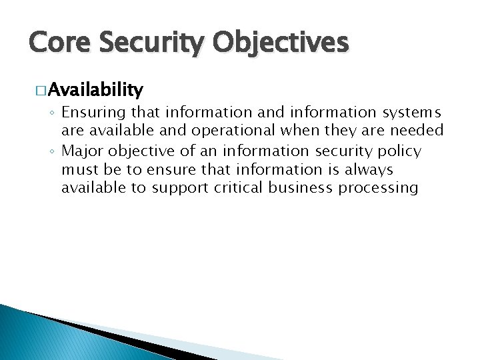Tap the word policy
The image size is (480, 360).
pyautogui.click(x=398, y=151)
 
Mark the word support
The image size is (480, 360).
pyautogui.click(x=180, y=189)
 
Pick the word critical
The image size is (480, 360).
pyautogui.click(x=239, y=188)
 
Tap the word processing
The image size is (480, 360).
pyautogui.click(x=379, y=189)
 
